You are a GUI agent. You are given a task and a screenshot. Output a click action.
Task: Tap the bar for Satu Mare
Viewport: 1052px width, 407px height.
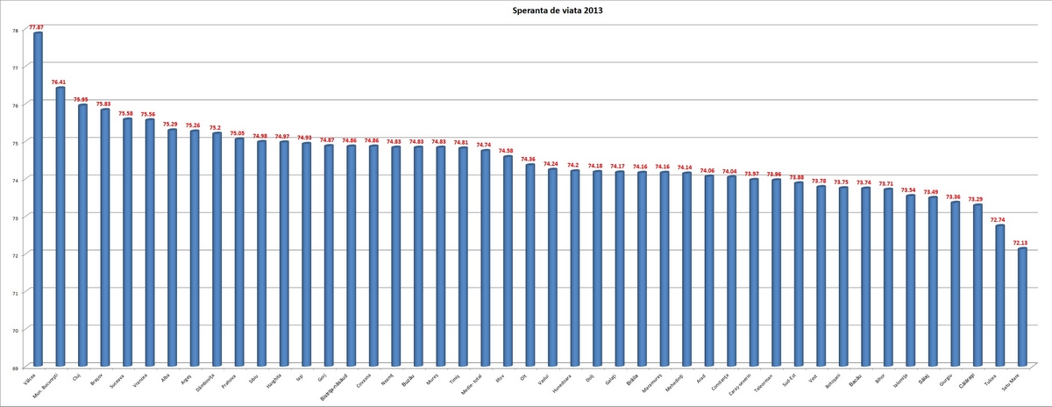tap(1022, 307)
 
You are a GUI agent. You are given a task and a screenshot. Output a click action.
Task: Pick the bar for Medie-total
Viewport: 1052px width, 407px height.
tap(486, 258)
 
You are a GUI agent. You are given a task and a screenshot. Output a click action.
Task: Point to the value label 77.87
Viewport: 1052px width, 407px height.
tap(37, 27)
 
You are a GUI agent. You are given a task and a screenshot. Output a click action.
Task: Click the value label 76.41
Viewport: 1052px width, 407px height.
tap(60, 82)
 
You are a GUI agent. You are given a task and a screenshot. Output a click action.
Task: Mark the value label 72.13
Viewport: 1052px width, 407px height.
tap(1021, 242)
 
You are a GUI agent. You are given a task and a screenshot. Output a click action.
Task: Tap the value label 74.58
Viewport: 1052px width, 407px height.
tap(508, 151)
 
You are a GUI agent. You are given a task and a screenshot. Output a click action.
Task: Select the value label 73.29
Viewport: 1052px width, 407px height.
tap(977, 199)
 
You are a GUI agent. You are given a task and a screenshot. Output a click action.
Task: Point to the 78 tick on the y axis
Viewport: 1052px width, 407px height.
tap(15, 31)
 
